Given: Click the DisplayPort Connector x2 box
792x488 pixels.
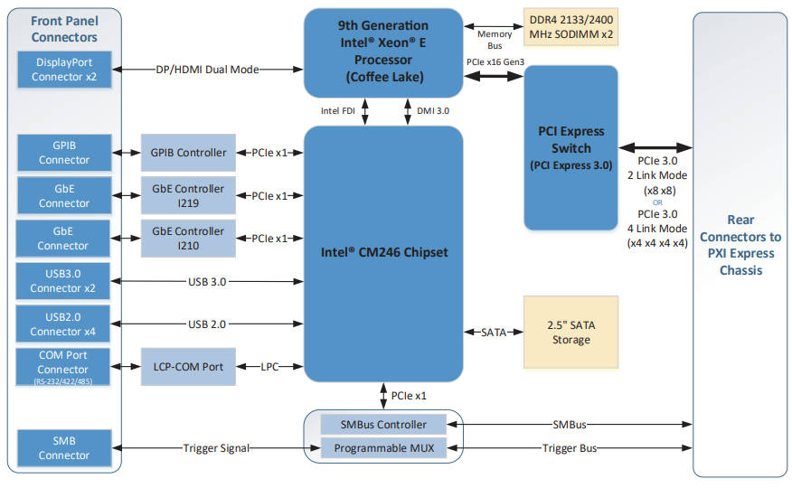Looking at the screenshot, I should [63, 70].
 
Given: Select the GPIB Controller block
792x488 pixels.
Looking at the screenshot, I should [188, 153].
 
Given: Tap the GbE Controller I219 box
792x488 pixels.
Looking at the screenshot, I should [188, 196].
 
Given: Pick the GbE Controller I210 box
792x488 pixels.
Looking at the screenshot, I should [188, 239].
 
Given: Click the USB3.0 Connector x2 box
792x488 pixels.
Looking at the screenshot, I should [63, 281].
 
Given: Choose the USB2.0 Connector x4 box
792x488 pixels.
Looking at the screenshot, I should [63, 324].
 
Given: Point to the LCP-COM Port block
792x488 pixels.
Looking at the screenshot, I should [188, 366].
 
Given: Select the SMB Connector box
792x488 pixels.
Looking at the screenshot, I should [63, 448].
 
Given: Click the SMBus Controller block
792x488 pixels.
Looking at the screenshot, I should [384, 424].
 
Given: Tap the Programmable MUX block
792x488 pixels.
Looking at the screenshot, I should [384, 448].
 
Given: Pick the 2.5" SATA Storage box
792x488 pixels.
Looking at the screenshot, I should [570, 332].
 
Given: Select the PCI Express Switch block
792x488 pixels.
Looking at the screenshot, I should [570, 147].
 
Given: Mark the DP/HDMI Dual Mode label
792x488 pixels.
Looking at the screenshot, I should [208, 70].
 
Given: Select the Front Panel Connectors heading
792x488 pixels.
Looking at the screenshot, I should [63, 29].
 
